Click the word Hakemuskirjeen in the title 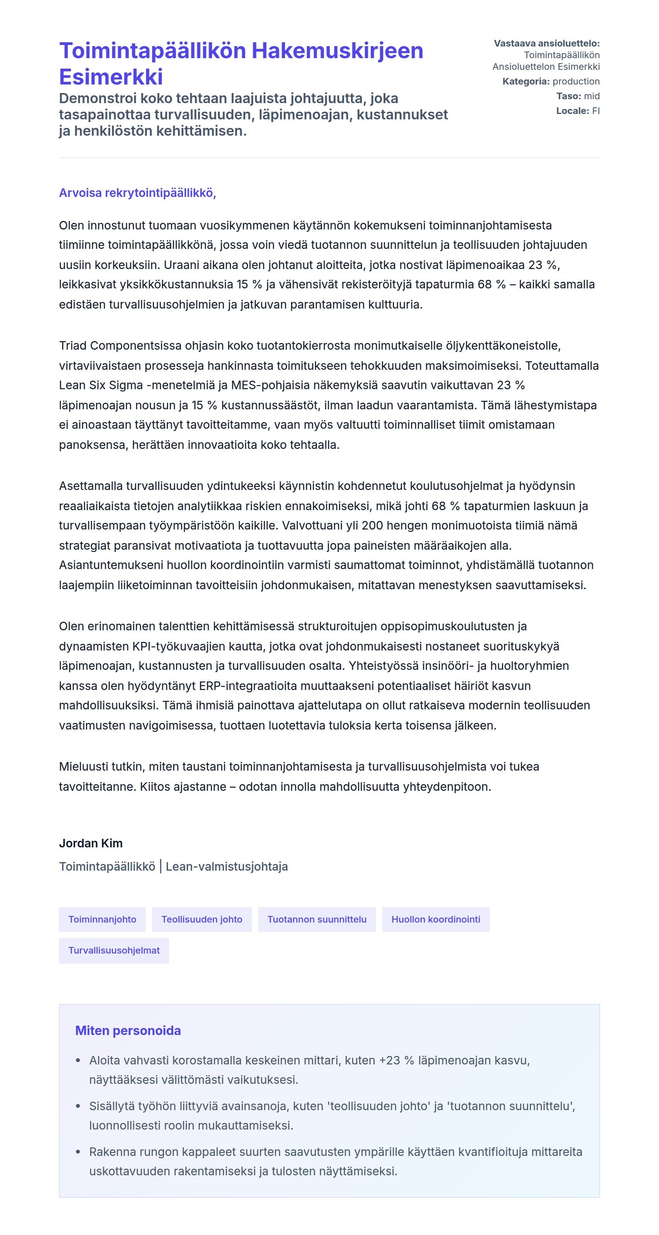(337, 51)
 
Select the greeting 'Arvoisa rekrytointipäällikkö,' (138, 193)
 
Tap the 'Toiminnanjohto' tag (102, 919)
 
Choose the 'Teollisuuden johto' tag (202, 919)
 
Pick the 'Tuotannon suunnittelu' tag (317, 919)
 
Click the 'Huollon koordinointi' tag (436, 919)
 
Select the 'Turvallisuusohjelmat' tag (114, 950)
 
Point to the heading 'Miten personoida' (128, 1030)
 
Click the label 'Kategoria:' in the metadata (526, 81)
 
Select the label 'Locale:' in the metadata (572, 111)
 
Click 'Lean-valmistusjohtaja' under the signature (227, 867)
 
